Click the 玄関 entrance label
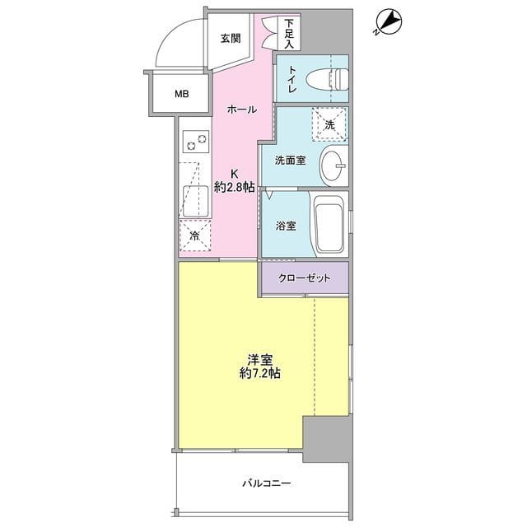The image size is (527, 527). point(231,39)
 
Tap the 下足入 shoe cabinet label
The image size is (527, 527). point(289,34)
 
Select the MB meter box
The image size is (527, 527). point(181,94)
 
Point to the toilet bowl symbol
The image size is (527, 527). point(328,79)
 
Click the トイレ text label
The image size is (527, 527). point(291,79)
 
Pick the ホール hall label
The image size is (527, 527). point(242,110)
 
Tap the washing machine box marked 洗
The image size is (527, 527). point(329,124)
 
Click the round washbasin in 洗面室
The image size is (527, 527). point(334,166)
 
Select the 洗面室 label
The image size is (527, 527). point(291,161)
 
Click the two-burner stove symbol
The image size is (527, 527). point(196,142)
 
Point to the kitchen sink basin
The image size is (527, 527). point(196,201)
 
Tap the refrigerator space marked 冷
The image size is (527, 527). point(195,236)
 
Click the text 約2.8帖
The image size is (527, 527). point(234,188)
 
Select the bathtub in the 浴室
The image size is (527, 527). point(329,224)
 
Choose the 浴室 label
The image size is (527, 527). point(286,226)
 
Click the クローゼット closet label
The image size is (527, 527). point(304,278)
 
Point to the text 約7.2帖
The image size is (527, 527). point(260,373)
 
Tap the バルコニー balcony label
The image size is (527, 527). point(267,483)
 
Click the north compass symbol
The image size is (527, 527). point(389,22)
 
